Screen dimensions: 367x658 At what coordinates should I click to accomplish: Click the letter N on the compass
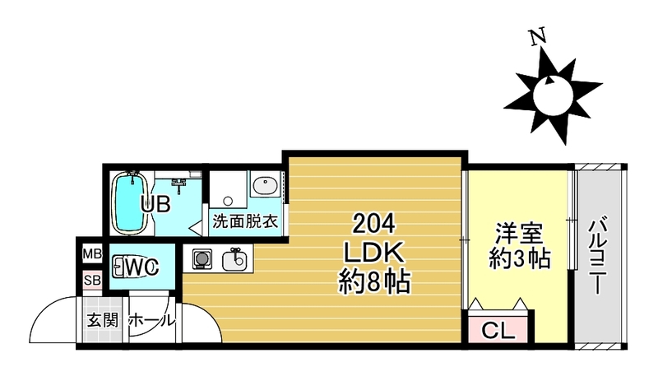pos(539,37)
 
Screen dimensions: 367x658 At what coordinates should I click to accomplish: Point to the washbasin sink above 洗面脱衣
pos(265,186)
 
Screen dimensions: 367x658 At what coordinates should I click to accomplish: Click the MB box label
pos(90,254)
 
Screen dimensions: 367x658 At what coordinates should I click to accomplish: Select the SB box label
pos(90,281)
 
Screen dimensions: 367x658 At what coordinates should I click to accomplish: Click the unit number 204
pos(375,223)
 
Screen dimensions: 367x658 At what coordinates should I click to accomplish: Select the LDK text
pos(375,253)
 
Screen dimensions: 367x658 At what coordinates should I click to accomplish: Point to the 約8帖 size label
pos(375,282)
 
